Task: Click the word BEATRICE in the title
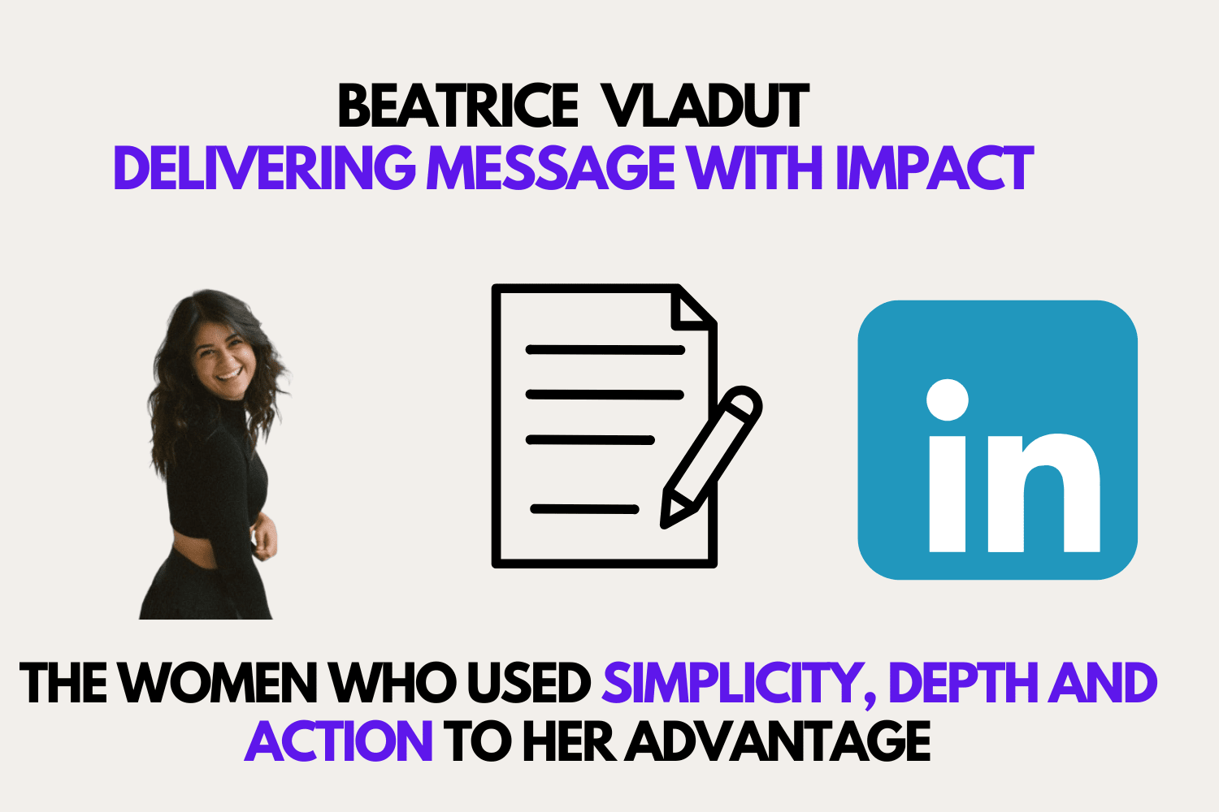click(x=458, y=106)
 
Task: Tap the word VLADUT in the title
click(x=707, y=106)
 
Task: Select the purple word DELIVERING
click(x=265, y=168)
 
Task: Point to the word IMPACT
click(x=935, y=168)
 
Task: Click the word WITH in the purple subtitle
click(x=755, y=168)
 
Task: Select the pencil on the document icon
click(x=711, y=457)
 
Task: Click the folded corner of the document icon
click(x=691, y=309)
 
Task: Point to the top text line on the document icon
click(x=605, y=350)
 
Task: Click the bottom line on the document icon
click(x=584, y=509)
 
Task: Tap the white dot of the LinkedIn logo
click(x=948, y=400)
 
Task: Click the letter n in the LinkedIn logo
click(x=1044, y=493)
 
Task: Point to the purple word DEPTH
click(x=965, y=682)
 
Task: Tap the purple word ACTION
click(x=339, y=741)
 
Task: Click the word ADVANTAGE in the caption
click(x=778, y=741)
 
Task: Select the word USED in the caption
click(x=529, y=682)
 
